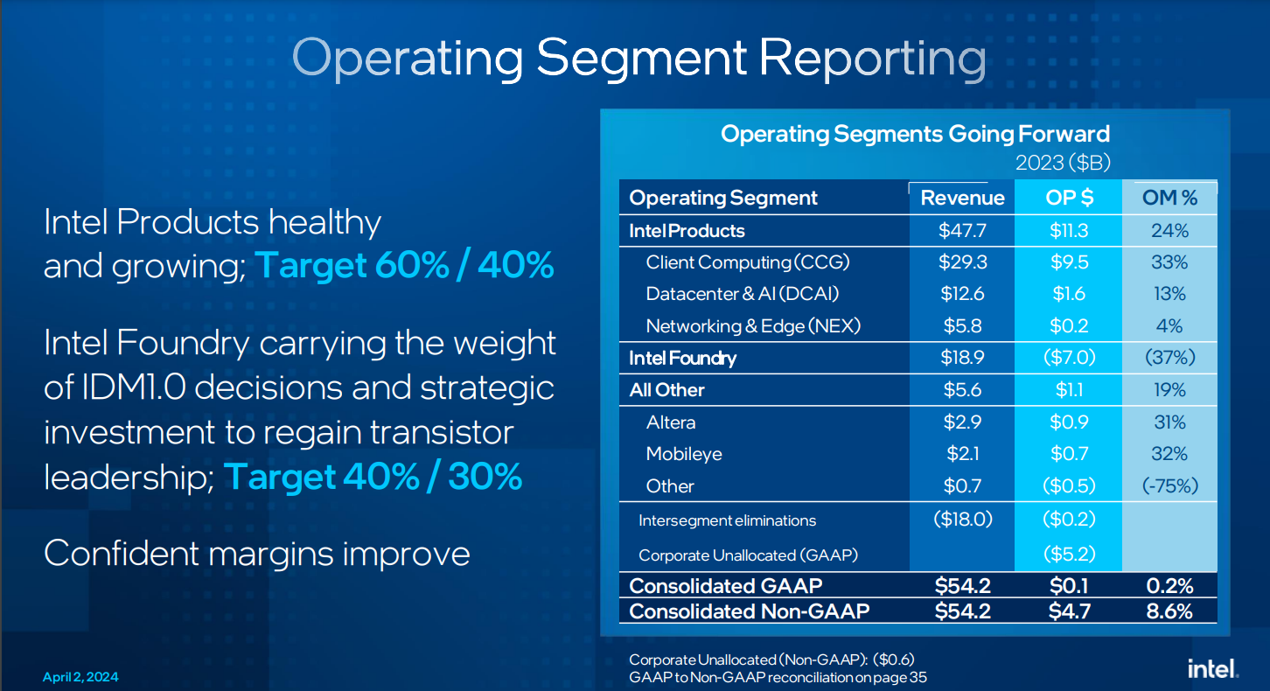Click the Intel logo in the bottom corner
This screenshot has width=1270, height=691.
point(1212,669)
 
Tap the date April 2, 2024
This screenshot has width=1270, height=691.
point(80,678)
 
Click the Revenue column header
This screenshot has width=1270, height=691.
point(962,198)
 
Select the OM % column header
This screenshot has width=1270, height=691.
point(1169,198)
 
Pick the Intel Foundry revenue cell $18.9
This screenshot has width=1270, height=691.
point(962,358)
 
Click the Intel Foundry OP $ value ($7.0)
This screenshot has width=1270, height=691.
point(1069,358)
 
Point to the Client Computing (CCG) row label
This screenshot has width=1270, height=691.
point(747,262)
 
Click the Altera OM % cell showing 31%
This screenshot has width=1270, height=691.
point(1169,422)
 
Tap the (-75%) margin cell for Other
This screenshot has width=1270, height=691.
point(1169,486)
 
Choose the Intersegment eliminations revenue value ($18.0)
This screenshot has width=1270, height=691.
point(962,519)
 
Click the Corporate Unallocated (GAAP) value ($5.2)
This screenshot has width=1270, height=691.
point(1069,554)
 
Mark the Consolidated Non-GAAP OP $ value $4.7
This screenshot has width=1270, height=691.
point(1069,611)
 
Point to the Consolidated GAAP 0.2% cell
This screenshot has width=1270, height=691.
point(1169,585)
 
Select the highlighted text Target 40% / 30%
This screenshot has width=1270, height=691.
point(373,477)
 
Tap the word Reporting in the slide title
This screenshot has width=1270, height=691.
point(872,58)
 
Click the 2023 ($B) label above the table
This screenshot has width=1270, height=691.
point(1063,163)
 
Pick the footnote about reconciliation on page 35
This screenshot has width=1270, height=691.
point(778,677)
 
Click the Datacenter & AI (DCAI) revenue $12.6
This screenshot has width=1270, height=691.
point(962,294)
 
